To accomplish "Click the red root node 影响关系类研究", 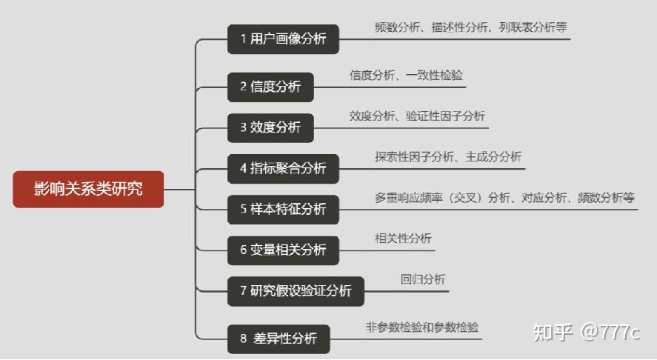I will pyautogui.click(x=87, y=189).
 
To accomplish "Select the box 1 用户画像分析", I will pyautogui.click(x=283, y=39).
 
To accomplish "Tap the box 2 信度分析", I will pyautogui.click(x=270, y=87).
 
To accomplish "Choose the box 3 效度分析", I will pyautogui.click(x=270, y=127).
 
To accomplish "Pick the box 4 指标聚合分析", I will pyautogui.click(x=283, y=168).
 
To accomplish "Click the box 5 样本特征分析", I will pyautogui.click(x=283, y=209).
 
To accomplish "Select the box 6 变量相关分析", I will pyautogui.click(x=283, y=250).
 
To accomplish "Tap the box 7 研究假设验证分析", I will pyautogui.click(x=296, y=290).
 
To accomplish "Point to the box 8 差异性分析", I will pyautogui.click(x=278, y=339).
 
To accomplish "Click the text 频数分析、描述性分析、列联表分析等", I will pyautogui.click(x=471, y=27).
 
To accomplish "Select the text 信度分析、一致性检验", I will pyautogui.click(x=407, y=75).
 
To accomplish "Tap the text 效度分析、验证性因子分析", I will pyautogui.click(x=418, y=116).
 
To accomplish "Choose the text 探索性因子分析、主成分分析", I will pyautogui.click(x=448, y=156).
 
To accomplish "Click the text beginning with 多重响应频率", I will pyautogui.click(x=504, y=198).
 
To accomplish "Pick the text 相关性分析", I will pyautogui.click(x=404, y=238).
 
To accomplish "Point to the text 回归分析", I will pyautogui.click(x=423, y=279).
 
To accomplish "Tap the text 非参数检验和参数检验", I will pyautogui.click(x=422, y=327).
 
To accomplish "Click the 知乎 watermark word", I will pyautogui.click(x=553, y=332).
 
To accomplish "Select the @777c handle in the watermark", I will pyautogui.click(x=610, y=332).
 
